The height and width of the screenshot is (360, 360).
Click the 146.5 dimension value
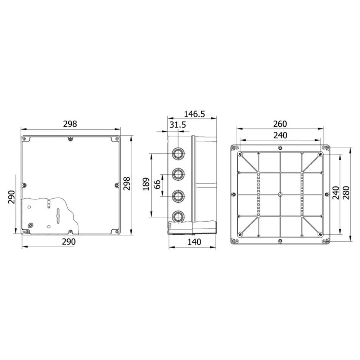click(x=194, y=114)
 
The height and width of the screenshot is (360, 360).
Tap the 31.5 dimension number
click(x=178, y=125)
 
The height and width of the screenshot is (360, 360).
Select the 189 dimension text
click(x=146, y=184)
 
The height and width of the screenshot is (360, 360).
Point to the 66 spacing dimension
click(x=157, y=184)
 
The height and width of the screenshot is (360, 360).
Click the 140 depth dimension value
click(x=194, y=242)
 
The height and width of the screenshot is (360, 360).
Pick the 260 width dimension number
click(x=280, y=124)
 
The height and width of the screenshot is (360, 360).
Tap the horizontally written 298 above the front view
click(x=70, y=124)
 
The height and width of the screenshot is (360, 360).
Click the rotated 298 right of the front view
click(x=126, y=184)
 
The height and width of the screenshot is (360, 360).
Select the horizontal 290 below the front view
click(x=69, y=242)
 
